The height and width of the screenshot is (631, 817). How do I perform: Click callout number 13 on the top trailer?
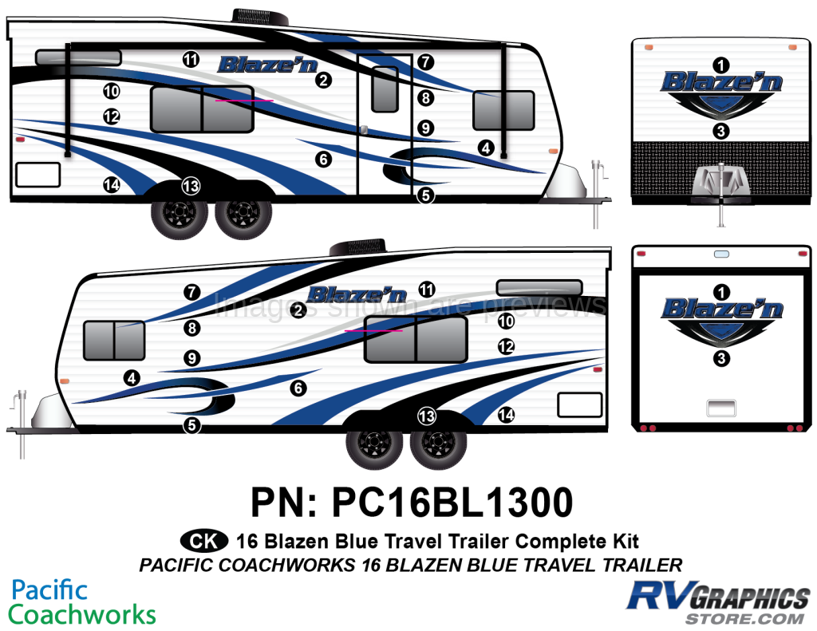pos(191,186)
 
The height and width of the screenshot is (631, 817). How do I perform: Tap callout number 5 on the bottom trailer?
pos(191,425)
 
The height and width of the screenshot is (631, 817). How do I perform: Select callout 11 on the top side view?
pos(191,59)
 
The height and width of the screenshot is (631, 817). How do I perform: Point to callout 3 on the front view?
pos(720,130)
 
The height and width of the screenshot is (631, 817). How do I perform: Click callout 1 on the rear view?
pos(721,292)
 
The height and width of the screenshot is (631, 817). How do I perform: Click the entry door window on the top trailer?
pos(385,89)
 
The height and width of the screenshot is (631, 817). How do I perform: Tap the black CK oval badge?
pos(204,542)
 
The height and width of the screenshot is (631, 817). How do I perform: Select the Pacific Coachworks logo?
pos(82,602)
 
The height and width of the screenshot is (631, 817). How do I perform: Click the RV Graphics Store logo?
pos(719,602)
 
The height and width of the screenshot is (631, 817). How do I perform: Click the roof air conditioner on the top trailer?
pos(260,16)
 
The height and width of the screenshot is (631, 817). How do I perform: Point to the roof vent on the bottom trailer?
pos(357,247)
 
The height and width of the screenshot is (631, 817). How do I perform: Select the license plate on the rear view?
pos(721,408)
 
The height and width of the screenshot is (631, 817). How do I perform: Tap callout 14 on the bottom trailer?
pos(505,415)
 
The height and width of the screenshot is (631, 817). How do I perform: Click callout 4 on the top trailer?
pos(486,148)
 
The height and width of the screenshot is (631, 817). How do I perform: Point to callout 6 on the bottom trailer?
pos(298,388)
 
